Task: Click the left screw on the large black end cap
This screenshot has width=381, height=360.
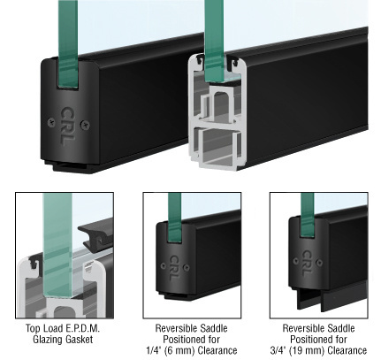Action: point(51,122)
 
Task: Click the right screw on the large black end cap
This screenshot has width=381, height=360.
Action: point(85,126)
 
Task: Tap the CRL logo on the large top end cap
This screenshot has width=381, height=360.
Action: point(68,126)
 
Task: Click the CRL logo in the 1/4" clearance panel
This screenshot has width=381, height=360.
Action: point(173,268)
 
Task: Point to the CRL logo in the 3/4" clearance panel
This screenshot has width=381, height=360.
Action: point(307,264)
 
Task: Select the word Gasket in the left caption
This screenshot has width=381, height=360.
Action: point(77,340)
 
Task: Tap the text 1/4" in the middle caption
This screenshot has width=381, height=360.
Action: point(153,350)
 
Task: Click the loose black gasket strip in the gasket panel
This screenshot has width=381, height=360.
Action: point(95,234)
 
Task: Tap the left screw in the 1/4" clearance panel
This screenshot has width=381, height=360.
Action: point(163,265)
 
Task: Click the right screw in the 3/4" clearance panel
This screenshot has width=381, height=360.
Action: point(319,262)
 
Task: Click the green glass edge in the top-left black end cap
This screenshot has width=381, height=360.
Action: point(68,44)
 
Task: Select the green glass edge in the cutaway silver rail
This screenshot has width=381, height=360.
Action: point(214,41)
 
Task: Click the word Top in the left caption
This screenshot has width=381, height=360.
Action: point(32,328)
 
